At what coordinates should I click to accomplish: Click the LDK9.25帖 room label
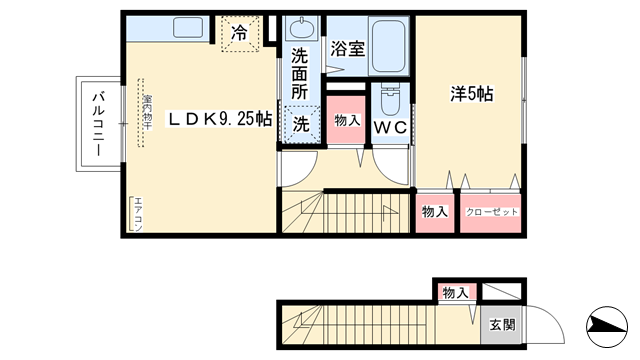(x=220, y=119)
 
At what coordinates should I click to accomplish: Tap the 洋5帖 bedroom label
(x=472, y=94)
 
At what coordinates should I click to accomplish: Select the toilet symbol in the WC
(x=390, y=100)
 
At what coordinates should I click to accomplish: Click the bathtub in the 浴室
(x=389, y=45)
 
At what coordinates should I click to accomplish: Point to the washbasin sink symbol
(x=302, y=28)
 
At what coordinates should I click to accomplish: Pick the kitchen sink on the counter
(x=188, y=28)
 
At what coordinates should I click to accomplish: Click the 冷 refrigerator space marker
(x=240, y=33)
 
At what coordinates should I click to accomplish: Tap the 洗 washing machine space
(x=302, y=124)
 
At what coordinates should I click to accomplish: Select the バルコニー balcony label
(x=98, y=124)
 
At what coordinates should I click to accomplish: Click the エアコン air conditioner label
(x=138, y=214)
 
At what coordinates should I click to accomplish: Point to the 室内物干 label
(x=147, y=112)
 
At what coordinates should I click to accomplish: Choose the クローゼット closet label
(x=491, y=212)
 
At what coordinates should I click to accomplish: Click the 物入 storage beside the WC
(x=347, y=120)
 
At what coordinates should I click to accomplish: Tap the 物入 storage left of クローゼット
(x=435, y=212)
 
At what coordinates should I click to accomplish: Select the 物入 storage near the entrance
(x=456, y=293)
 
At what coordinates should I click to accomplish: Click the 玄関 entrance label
(x=502, y=325)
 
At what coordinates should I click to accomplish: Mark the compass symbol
(x=607, y=327)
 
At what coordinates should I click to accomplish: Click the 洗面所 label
(x=300, y=74)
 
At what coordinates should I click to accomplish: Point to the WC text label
(x=391, y=128)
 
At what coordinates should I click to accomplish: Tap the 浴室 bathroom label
(x=348, y=49)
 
